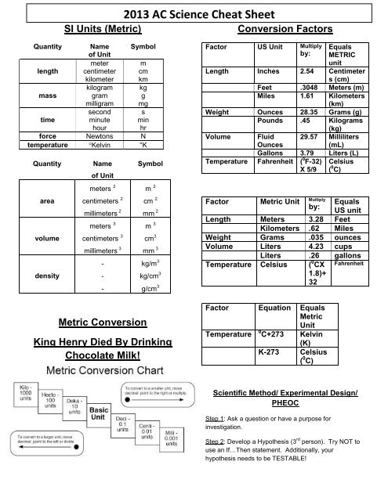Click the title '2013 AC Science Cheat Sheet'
pyautogui.click(x=194, y=14)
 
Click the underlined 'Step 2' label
pyautogui.click(x=216, y=442)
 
